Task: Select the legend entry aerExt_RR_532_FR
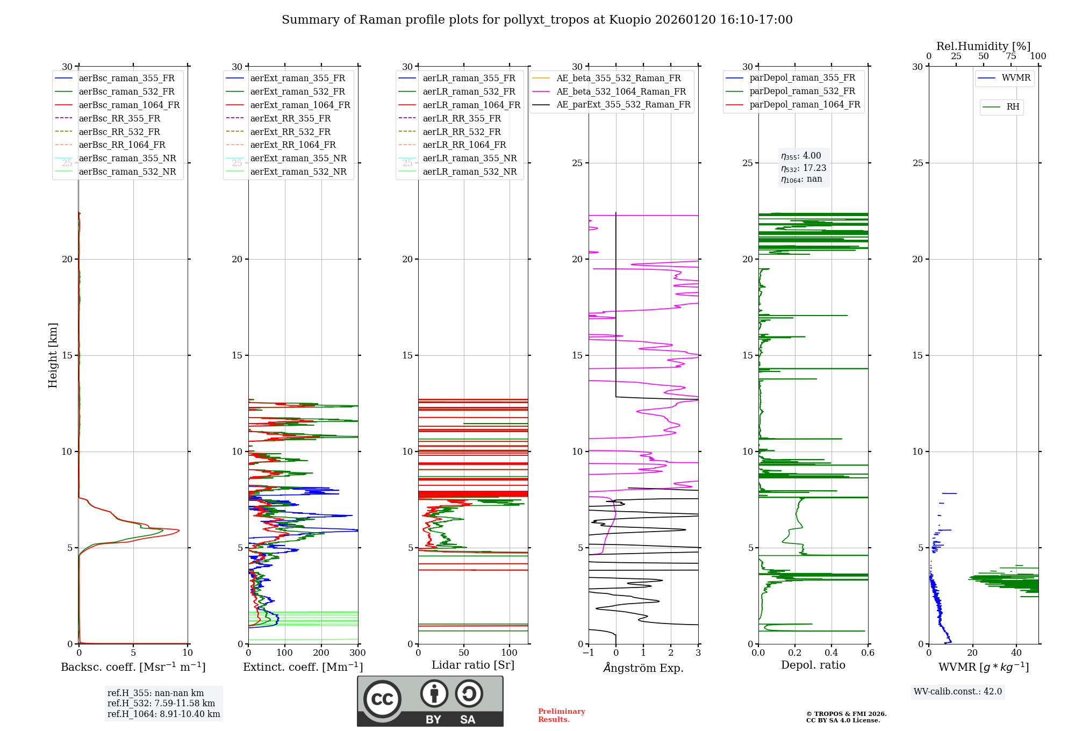[290, 132]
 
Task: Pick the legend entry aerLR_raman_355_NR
[469, 159]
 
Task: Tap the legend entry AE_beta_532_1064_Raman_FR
[621, 92]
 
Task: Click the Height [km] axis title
[53, 355]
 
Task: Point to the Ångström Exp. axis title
[643, 668]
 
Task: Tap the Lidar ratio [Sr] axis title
[473, 665]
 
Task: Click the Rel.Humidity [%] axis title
[983, 46]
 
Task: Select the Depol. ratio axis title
[813, 665]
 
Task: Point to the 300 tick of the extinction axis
[357, 653]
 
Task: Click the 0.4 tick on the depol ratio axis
[832, 653]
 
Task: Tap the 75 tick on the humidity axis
[1010, 56]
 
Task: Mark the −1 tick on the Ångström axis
[588, 653]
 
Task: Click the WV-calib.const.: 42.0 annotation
[958, 692]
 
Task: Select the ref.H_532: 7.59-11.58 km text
[161, 704]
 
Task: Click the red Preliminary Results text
[561, 715]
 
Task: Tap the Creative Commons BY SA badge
[430, 701]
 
